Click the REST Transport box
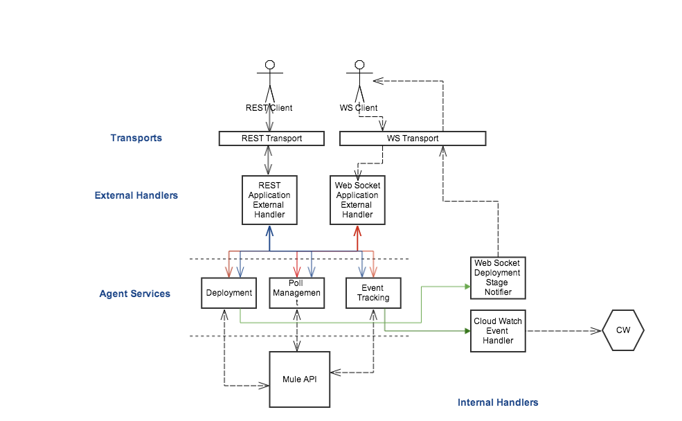271,138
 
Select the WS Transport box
412,138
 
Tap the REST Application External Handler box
269,200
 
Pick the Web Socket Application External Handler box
357,200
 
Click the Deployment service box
228,293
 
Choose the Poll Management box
296,293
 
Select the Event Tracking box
373,293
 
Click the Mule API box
299,379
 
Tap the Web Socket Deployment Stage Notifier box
497,278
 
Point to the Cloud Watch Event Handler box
498,331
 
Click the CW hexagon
623,330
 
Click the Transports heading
136,138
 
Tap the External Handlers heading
136,195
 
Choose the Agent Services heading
135,294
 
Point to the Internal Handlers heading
498,402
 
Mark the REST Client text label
269,108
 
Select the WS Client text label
359,108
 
